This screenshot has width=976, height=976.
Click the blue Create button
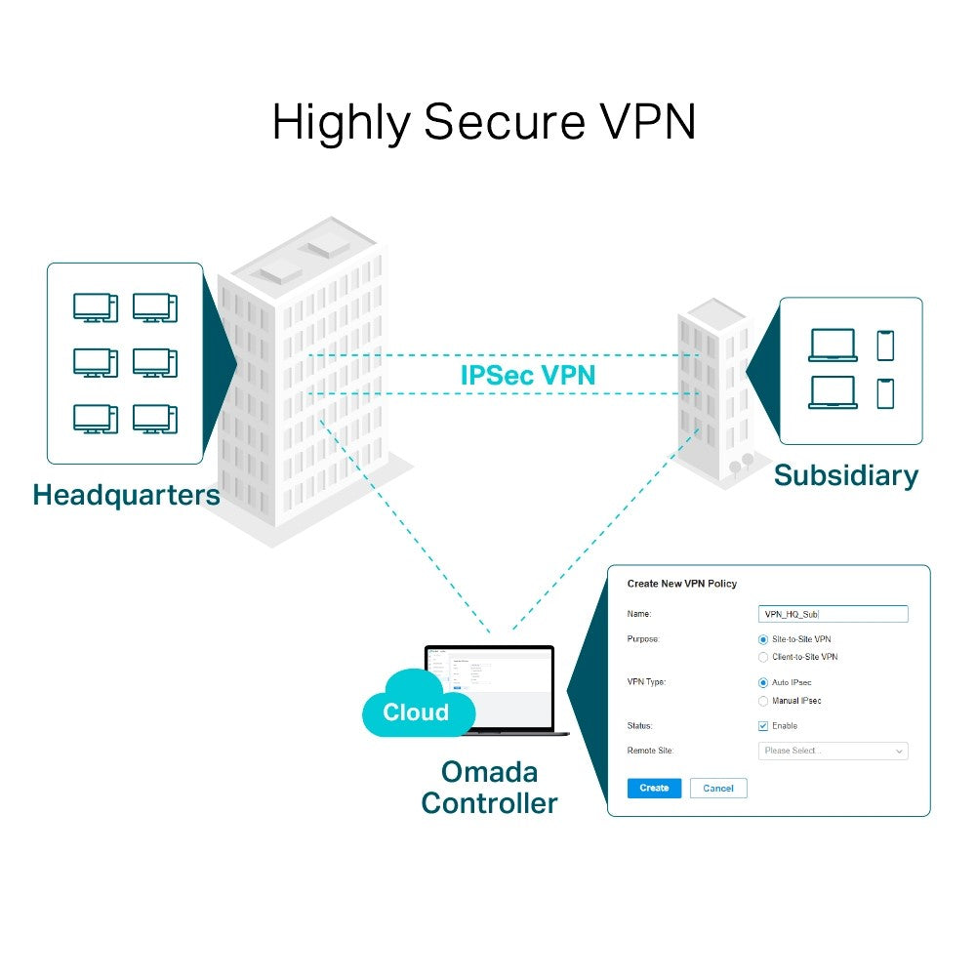pyautogui.click(x=654, y=788)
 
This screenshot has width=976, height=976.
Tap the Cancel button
pyautogui.click(x=718, y=788)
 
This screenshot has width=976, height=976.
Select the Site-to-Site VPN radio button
pyautogui.click(x=763, y=638)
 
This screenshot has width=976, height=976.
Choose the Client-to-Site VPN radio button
pyautogui.click(x=763, y=657)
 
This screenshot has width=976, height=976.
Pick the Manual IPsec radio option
pyautogui.click(x=763, y=701)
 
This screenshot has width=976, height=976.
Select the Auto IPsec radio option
pyautogui.click(x=763, y=682)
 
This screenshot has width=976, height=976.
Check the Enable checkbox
pyautogui.click(x=763, y=726)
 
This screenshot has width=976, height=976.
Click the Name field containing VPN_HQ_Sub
pyautogui.click(x=833, y=614)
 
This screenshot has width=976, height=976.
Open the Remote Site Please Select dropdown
pyautogui.click(x=833, y=751)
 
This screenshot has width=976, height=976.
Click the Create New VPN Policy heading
pyautogui.click(x=681, y=584)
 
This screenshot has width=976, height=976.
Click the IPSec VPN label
pyautogui.click(x=527, y=375)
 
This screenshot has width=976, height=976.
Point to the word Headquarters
pyautogui.click(x=126, y=495)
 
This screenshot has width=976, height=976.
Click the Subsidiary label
pyautogui.click(x=845, y=475)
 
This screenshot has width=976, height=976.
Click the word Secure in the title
pyautogui.click(x=504, y=122)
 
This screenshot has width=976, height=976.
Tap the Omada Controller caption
pyautogui.click(x=489, y=788)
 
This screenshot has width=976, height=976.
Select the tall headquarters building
pyautogui.click(x=303, y=381)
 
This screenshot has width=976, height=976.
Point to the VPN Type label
pyautogui.click(x=646, y=682)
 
